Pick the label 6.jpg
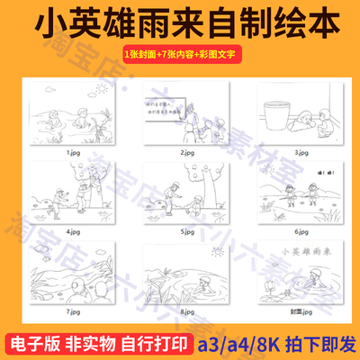(x=293, y=230)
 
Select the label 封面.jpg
(x=293, y=310)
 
